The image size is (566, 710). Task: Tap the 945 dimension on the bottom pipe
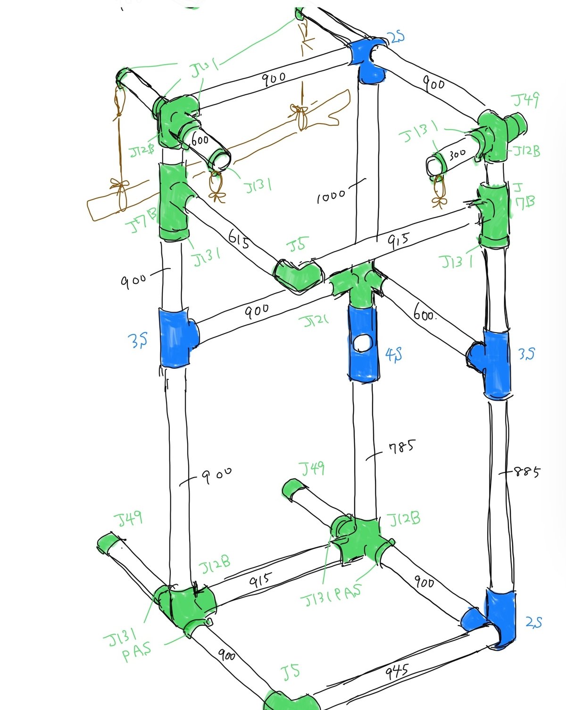pyautogui.click(x=397, y=671)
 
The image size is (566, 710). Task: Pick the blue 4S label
pyautogui.click(x=393, y=354)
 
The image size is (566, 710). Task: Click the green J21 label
pyautogui.click(x=313, y=322)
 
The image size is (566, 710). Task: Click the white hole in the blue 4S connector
pyautogui.click(x=363, y=343)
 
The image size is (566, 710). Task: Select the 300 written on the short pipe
pyautogui.click(x=457, y=153)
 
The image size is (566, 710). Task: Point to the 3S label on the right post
pyautogui.click(x=526, y=353)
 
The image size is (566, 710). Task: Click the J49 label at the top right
pyautogui.click(x=525, y=100)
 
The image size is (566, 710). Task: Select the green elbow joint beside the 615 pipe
pyautogui.click(x=298, y=275)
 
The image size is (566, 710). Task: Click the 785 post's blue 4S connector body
pyautogui.click(x=363, y=358)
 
